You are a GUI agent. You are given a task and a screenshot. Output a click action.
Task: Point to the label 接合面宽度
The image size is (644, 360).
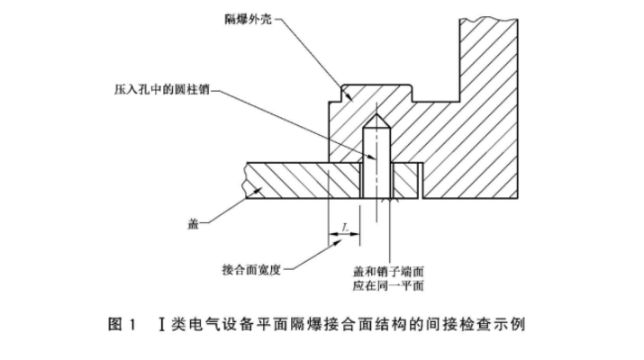(x=252, y=269)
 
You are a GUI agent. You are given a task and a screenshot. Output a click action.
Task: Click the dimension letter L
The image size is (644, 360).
(x=344, y=229)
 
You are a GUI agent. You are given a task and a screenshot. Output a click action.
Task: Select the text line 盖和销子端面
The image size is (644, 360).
(x=389, y=269)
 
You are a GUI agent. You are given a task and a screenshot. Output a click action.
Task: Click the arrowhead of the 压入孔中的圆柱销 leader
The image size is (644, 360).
(x=364, y=160)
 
